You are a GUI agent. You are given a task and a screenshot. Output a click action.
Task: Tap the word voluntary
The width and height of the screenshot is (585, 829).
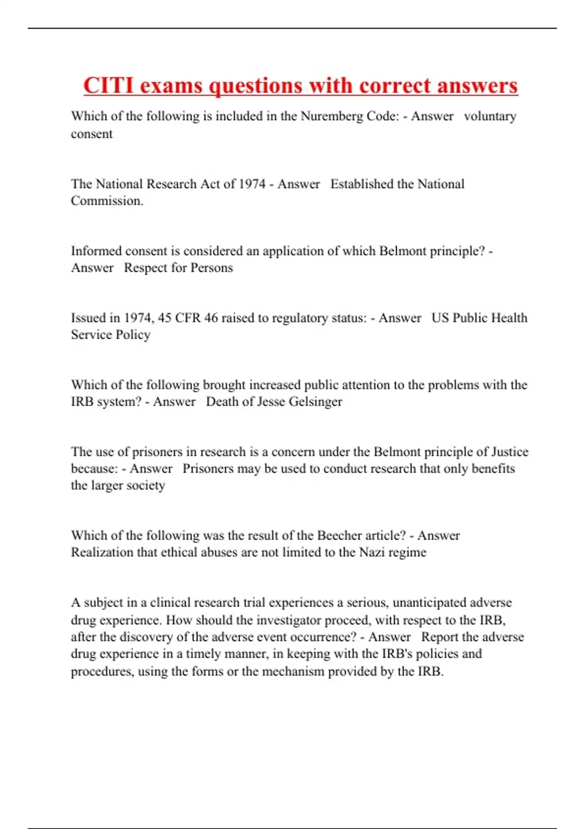click(490, 117)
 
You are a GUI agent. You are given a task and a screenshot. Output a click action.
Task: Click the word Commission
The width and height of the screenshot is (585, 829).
click(107, 201)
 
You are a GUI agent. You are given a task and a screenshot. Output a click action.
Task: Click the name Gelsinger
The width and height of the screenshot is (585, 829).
click(315, 402)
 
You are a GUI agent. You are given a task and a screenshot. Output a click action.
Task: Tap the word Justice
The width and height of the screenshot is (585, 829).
click(509, 452)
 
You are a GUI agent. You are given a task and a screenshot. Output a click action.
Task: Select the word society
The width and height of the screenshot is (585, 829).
click(146, 486)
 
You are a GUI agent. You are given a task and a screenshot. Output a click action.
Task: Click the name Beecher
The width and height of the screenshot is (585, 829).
click(340, 535)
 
